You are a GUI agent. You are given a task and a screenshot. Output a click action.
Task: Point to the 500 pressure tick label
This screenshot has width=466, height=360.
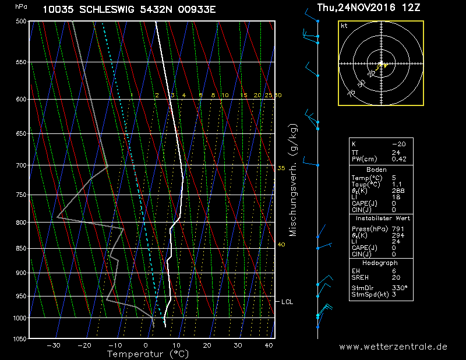pyautogui.click(x=21, y=22)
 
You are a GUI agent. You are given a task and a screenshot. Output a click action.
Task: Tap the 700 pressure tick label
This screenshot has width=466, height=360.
pyautogui.click(x=21, y=165)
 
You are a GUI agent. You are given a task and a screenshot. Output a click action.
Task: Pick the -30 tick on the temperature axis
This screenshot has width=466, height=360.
pyautogui.click(x=54, y=345)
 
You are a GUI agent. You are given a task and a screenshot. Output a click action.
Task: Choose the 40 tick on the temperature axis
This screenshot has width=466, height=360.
pyautogui.click(x=269, y=345)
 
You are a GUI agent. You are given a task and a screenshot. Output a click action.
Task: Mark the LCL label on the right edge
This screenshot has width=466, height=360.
pyautogui.click(x=287, y=302)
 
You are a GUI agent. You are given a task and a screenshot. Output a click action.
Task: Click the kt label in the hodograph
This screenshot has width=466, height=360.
pyautogui.click(x=344, y=26)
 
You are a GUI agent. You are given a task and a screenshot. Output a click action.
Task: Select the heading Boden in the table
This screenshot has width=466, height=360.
pyautogui.click(x=376, y=170)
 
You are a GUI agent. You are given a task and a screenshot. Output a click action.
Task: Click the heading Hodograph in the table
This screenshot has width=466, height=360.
pyautogui.click(x=380, y=263)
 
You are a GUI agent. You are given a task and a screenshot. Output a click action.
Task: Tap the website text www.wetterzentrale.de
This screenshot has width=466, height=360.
pyautogui.click(x=393, y=346)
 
